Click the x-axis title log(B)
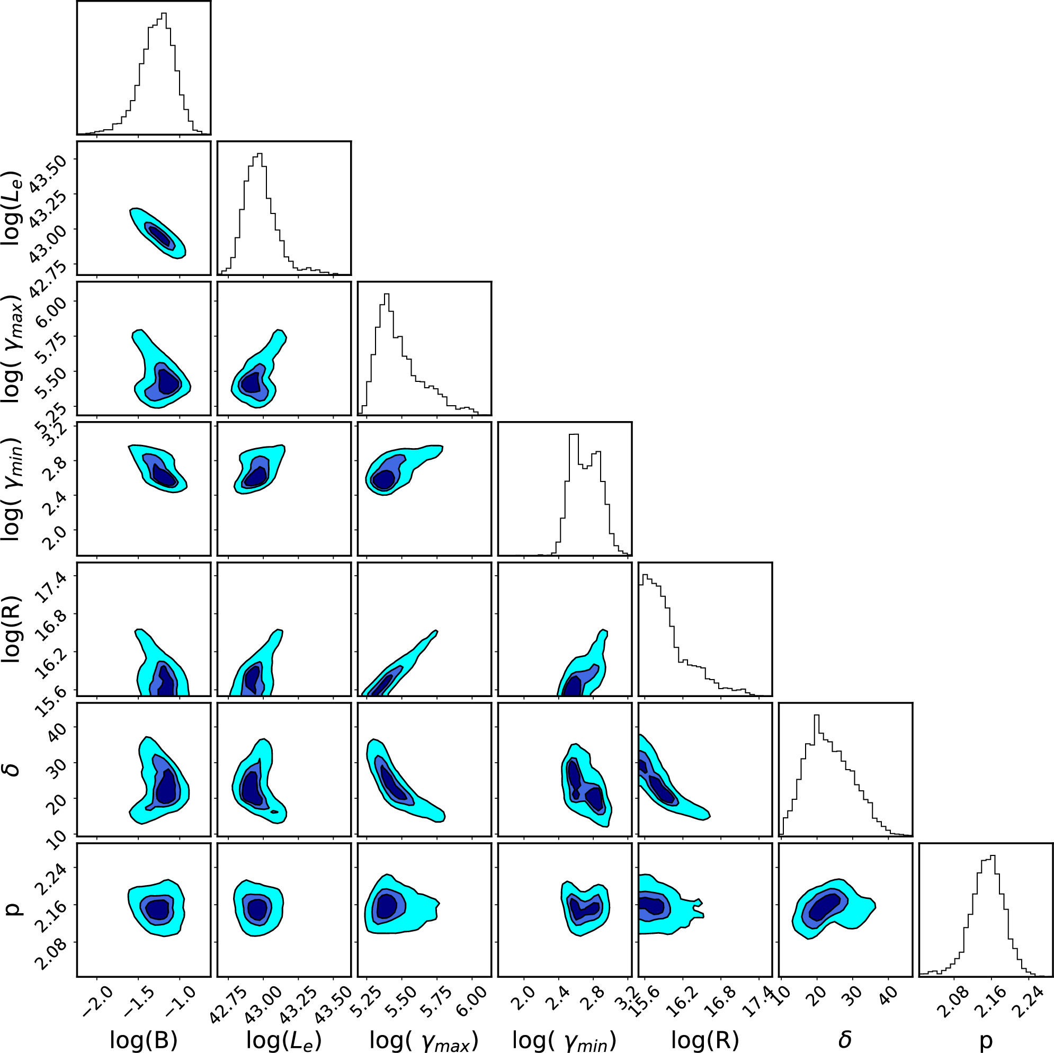pyautogui.click(x=144, y=1040)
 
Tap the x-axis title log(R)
pyautogui.click(x=705, y=1040)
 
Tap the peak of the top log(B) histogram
pyautogui.click(x=164, y=14)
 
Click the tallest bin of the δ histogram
pyautogui.click(x=817, y=715)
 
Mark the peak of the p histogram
pyautogui.click(x=994, y=855)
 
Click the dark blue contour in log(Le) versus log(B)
pyautogui.click(x=161, y=236)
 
